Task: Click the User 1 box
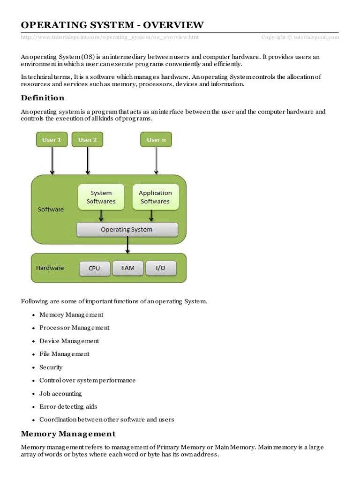coord(52,140)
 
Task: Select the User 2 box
coord(87,140)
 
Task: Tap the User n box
coord(156,140)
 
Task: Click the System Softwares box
coord(101,197)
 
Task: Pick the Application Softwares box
coord(155,197)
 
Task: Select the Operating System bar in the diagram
coord(127,230)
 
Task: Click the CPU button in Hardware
coord(94,268)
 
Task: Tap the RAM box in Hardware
coord(127,268)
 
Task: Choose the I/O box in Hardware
coord(160,268)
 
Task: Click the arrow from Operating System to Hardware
coord(127,245)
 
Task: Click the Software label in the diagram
coord(51,210)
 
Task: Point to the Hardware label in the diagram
coord(50,268)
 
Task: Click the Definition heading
coord(43,98)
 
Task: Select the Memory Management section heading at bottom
coord(68,434)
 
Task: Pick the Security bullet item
coord(51,367)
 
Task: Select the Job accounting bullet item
coord(60,394)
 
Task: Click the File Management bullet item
coord(64,354)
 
